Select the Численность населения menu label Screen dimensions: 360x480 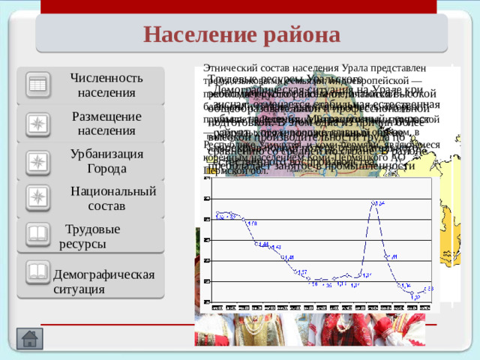coord(106,85)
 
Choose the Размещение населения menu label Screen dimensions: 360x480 coord(106,124)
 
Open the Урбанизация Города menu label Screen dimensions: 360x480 coord(106,160)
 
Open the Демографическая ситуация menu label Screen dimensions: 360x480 coord(103,280)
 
